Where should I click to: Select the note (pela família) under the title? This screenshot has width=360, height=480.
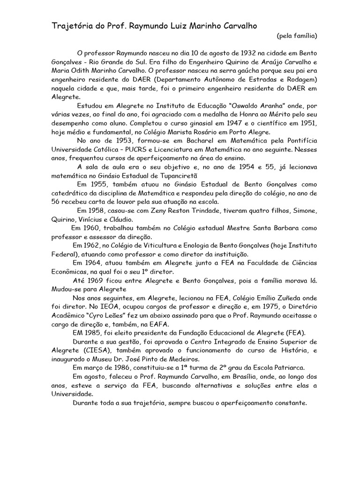click(297, 35)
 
